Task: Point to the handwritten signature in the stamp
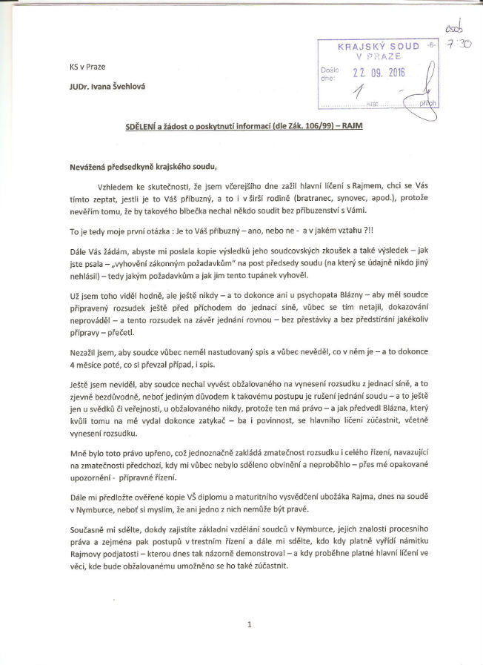(x=425, y=93)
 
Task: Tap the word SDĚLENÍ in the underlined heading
(x=147, y=127)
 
